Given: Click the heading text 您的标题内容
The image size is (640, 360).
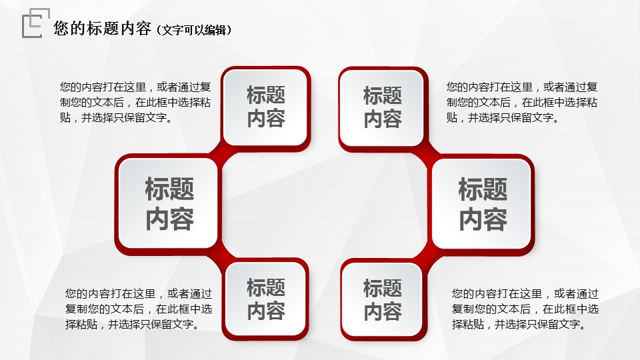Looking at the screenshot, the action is point(103,29).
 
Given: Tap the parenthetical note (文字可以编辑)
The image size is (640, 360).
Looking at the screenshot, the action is point(194,30).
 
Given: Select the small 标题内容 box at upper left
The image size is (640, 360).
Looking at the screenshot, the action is point(266,107).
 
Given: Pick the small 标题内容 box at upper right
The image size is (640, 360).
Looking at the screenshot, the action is point(383,108).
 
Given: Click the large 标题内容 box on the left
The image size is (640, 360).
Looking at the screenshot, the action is point(169,204).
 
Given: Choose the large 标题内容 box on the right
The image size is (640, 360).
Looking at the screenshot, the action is point(481,204).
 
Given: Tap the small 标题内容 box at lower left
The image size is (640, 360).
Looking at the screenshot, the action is point(266,299).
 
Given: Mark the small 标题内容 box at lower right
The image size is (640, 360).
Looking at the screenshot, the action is point(383,299).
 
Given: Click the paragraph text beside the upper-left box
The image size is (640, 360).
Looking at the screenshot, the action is point(135,102).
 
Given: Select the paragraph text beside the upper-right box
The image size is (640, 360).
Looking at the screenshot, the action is point(521,102).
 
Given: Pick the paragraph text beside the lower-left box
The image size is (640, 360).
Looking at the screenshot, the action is point(139,309).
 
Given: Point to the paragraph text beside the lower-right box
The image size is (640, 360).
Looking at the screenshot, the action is point(525,309).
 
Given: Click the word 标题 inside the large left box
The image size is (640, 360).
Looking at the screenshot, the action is point(169,189).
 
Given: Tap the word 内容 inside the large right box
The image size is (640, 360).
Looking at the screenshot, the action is point(483,219).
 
